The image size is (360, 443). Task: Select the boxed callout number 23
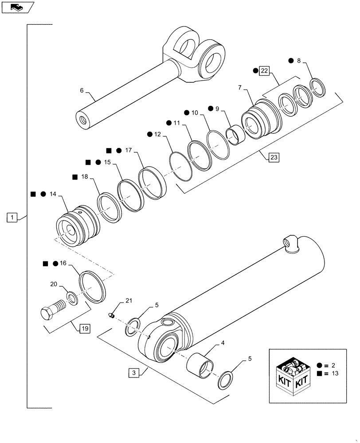pos(274,156)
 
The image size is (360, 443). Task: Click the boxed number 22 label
pos(264,71)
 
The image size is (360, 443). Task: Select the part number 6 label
pos(82,90)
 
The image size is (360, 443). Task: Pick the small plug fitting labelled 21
pos(112,315)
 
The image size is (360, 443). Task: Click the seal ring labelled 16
pos(94,288)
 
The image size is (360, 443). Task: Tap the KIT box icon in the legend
pos(291,373)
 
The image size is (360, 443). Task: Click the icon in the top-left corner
pos(16,7)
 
